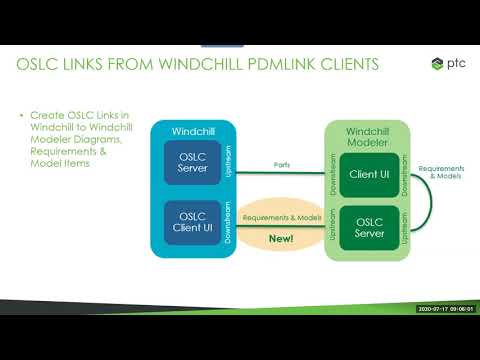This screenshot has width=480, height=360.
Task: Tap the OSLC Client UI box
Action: [192, 222]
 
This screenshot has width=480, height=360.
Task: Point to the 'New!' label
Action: [282, 240]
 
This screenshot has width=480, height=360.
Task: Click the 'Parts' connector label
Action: [281, 166]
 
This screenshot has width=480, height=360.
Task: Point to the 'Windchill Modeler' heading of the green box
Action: [368, 138]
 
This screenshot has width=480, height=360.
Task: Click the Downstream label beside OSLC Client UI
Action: [227, 222]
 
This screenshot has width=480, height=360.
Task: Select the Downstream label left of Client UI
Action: [333, 174]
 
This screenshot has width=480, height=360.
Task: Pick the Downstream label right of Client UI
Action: [404, 174]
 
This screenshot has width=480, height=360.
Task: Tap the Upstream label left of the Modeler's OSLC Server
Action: [333, 228]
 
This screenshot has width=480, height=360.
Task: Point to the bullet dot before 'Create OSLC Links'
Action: [22, 117]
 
